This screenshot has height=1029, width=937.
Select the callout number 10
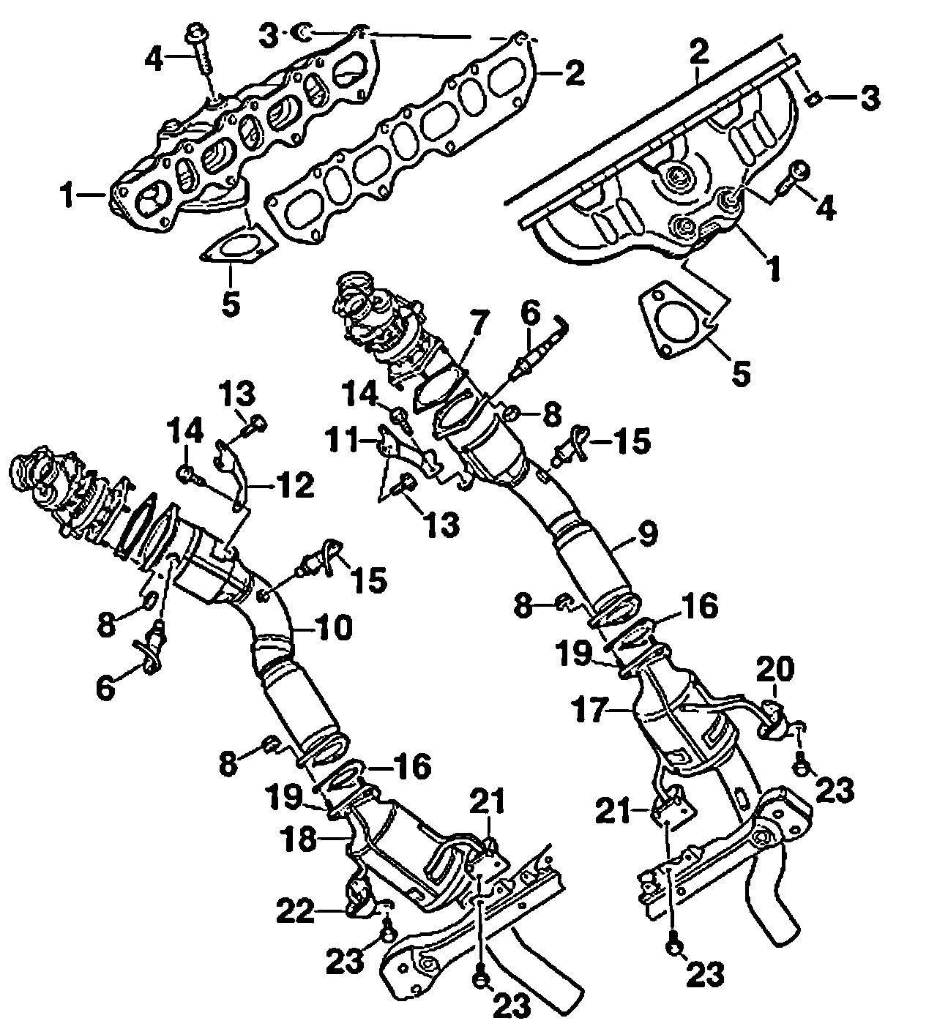point(335,627)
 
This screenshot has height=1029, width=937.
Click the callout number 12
point(294,484)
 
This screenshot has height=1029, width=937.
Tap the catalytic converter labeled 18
point(410,842)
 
